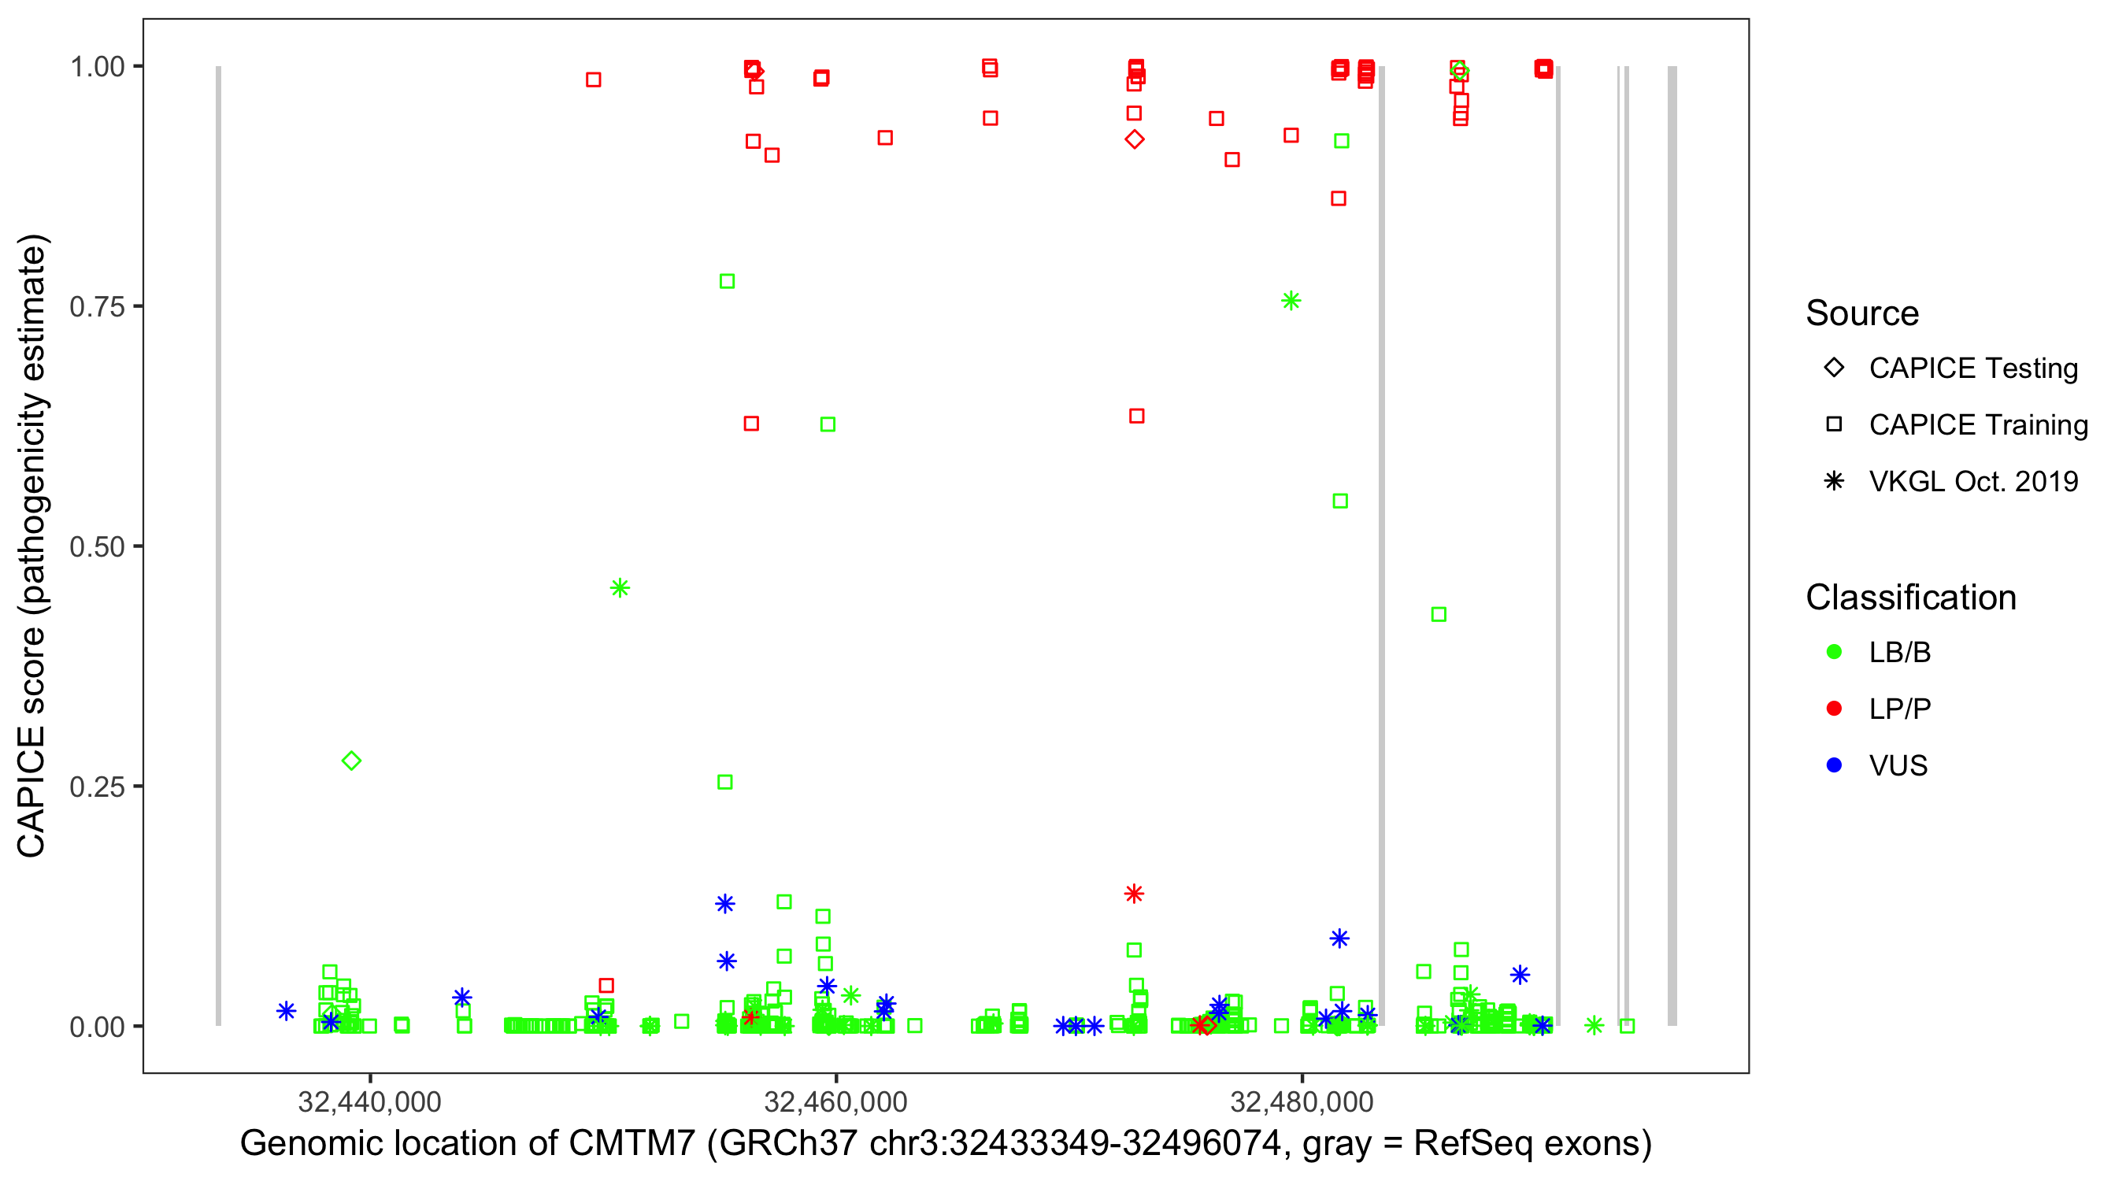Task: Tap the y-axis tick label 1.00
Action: (97, 66)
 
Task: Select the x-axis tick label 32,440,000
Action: (369, 1101)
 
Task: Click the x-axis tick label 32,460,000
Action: (835, 1101)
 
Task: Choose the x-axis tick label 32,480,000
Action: (1302, 1101)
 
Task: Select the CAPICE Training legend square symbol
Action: (1834, 424)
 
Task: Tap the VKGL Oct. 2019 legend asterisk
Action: (1834, 481)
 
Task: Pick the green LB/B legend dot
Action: (1834, 652)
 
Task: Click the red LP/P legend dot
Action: (1834, 708)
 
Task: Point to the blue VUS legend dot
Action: (1834, 765)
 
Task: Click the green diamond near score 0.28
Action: (352, 760)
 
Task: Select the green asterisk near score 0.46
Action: (620, 587)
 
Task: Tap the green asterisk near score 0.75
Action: (1291, 302)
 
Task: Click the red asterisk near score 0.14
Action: (1134, 893)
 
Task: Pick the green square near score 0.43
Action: (1439, 614)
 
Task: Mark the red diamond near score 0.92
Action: (1135, 139)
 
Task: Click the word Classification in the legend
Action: (1910, 597)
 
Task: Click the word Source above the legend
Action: (1862, 313)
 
